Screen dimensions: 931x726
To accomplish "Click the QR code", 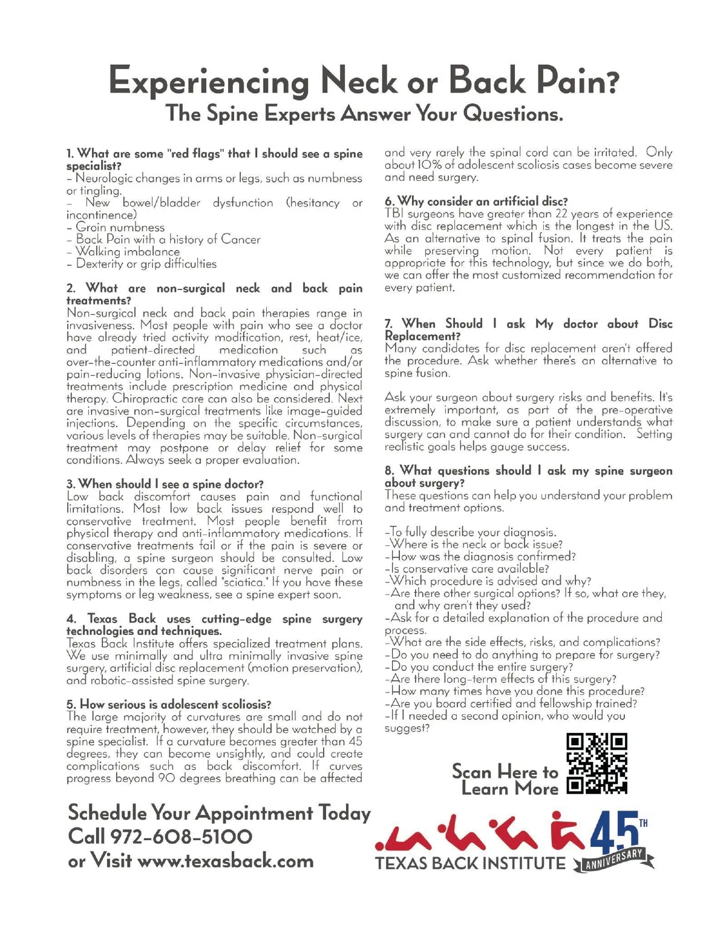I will click(597, 763).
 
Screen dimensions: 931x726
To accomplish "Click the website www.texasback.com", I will click(226, 861).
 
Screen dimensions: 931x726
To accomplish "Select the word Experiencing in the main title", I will click(208, 81).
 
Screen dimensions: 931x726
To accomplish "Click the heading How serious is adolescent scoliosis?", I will click(169, 704).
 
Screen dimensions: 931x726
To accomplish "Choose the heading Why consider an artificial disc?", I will click(476, 201).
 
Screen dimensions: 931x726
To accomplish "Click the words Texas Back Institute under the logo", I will click(470, 863).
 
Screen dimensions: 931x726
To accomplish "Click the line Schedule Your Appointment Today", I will click(219, 812).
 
